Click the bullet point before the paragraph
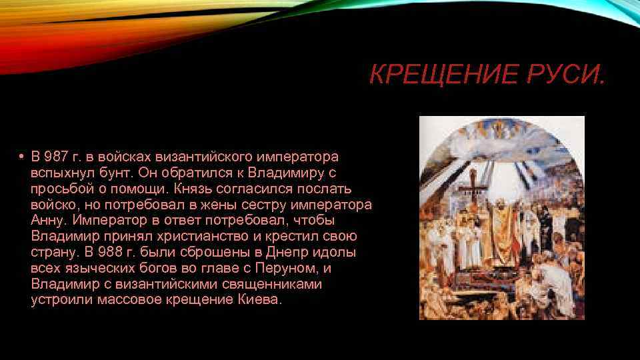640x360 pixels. click(21, 157)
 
